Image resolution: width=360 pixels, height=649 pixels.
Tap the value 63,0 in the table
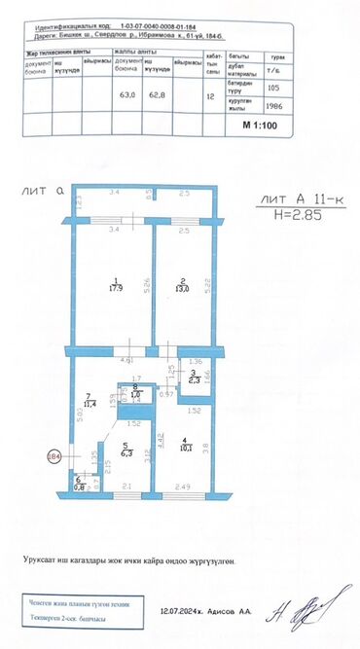coord(126,95)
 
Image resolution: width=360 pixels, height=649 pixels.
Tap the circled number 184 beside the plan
coord(54,454)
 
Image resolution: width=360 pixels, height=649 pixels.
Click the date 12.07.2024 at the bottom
coord(183,612)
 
